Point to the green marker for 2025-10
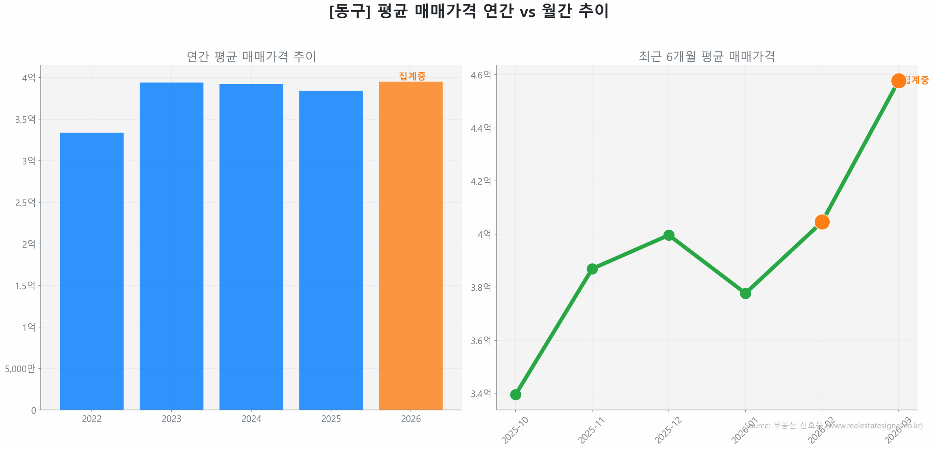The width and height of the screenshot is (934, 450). [x=515, y=394]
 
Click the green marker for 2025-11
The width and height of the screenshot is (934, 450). [x=592, y=269]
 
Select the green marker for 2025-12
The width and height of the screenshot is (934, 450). [x=668, y=235]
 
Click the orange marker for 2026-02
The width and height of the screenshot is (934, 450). [x=822, y=222]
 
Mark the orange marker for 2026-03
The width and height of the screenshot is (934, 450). [x=898, y=81]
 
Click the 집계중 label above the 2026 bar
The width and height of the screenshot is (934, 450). [x=412, y=76]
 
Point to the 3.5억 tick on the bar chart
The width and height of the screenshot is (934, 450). [x=25, y=119]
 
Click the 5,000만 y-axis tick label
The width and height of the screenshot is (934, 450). [x=20, y=368]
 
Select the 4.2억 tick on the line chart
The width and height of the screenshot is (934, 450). [x=480, y=181]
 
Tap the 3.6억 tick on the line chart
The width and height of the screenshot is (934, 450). [x=480, y=340]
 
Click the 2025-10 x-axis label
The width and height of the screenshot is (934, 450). [x=515, y=430]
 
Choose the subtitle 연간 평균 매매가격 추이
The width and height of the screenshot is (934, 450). [x=251, y=56]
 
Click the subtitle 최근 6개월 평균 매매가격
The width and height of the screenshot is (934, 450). [x=706, y=56]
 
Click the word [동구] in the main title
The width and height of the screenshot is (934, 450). [x=349, y=11]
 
